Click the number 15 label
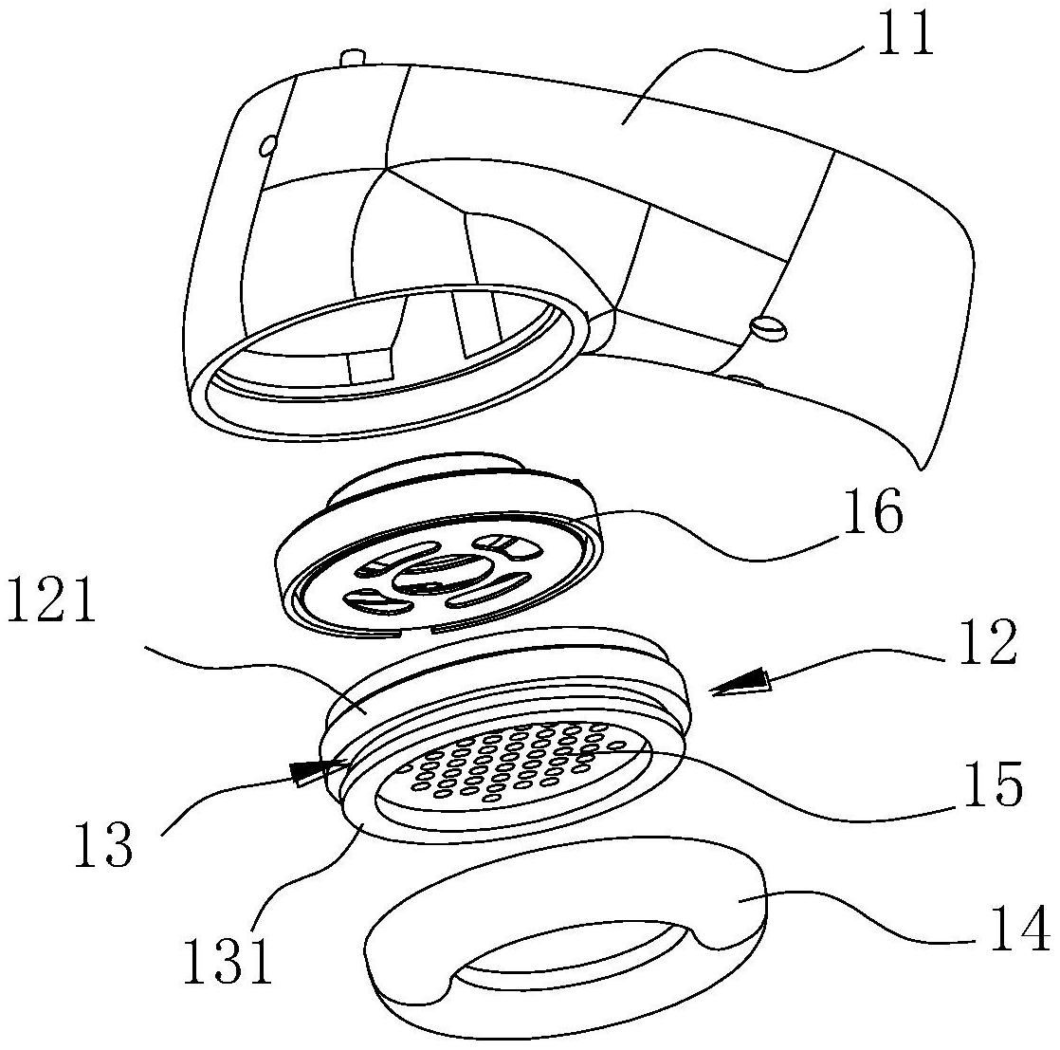[990, 783]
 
